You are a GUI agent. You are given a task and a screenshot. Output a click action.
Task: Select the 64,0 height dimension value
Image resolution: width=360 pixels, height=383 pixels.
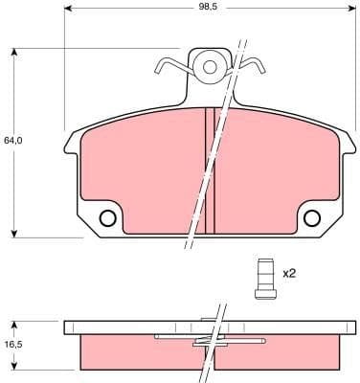coord(12,140)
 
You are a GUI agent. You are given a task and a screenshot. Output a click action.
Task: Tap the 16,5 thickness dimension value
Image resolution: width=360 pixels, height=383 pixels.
coord(12,344)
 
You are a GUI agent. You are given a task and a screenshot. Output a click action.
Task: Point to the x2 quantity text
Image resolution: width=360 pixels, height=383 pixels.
coord(288,273)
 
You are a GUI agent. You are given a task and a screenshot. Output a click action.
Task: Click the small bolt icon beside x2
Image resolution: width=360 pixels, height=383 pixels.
coord(261,278)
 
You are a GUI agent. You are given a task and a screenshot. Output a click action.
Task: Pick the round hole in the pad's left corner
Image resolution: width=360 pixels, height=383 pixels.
coord(107,217)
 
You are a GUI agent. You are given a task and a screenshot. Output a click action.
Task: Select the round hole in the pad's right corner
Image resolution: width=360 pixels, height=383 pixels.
coord(312,217)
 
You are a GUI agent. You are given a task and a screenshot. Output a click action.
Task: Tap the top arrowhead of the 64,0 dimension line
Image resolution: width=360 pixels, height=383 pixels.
coord(17,47)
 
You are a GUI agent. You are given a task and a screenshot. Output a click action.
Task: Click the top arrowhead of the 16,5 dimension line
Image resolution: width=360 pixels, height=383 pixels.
coord(17,323)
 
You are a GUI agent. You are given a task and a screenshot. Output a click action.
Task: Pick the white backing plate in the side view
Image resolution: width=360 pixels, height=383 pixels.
coord(115,327)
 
